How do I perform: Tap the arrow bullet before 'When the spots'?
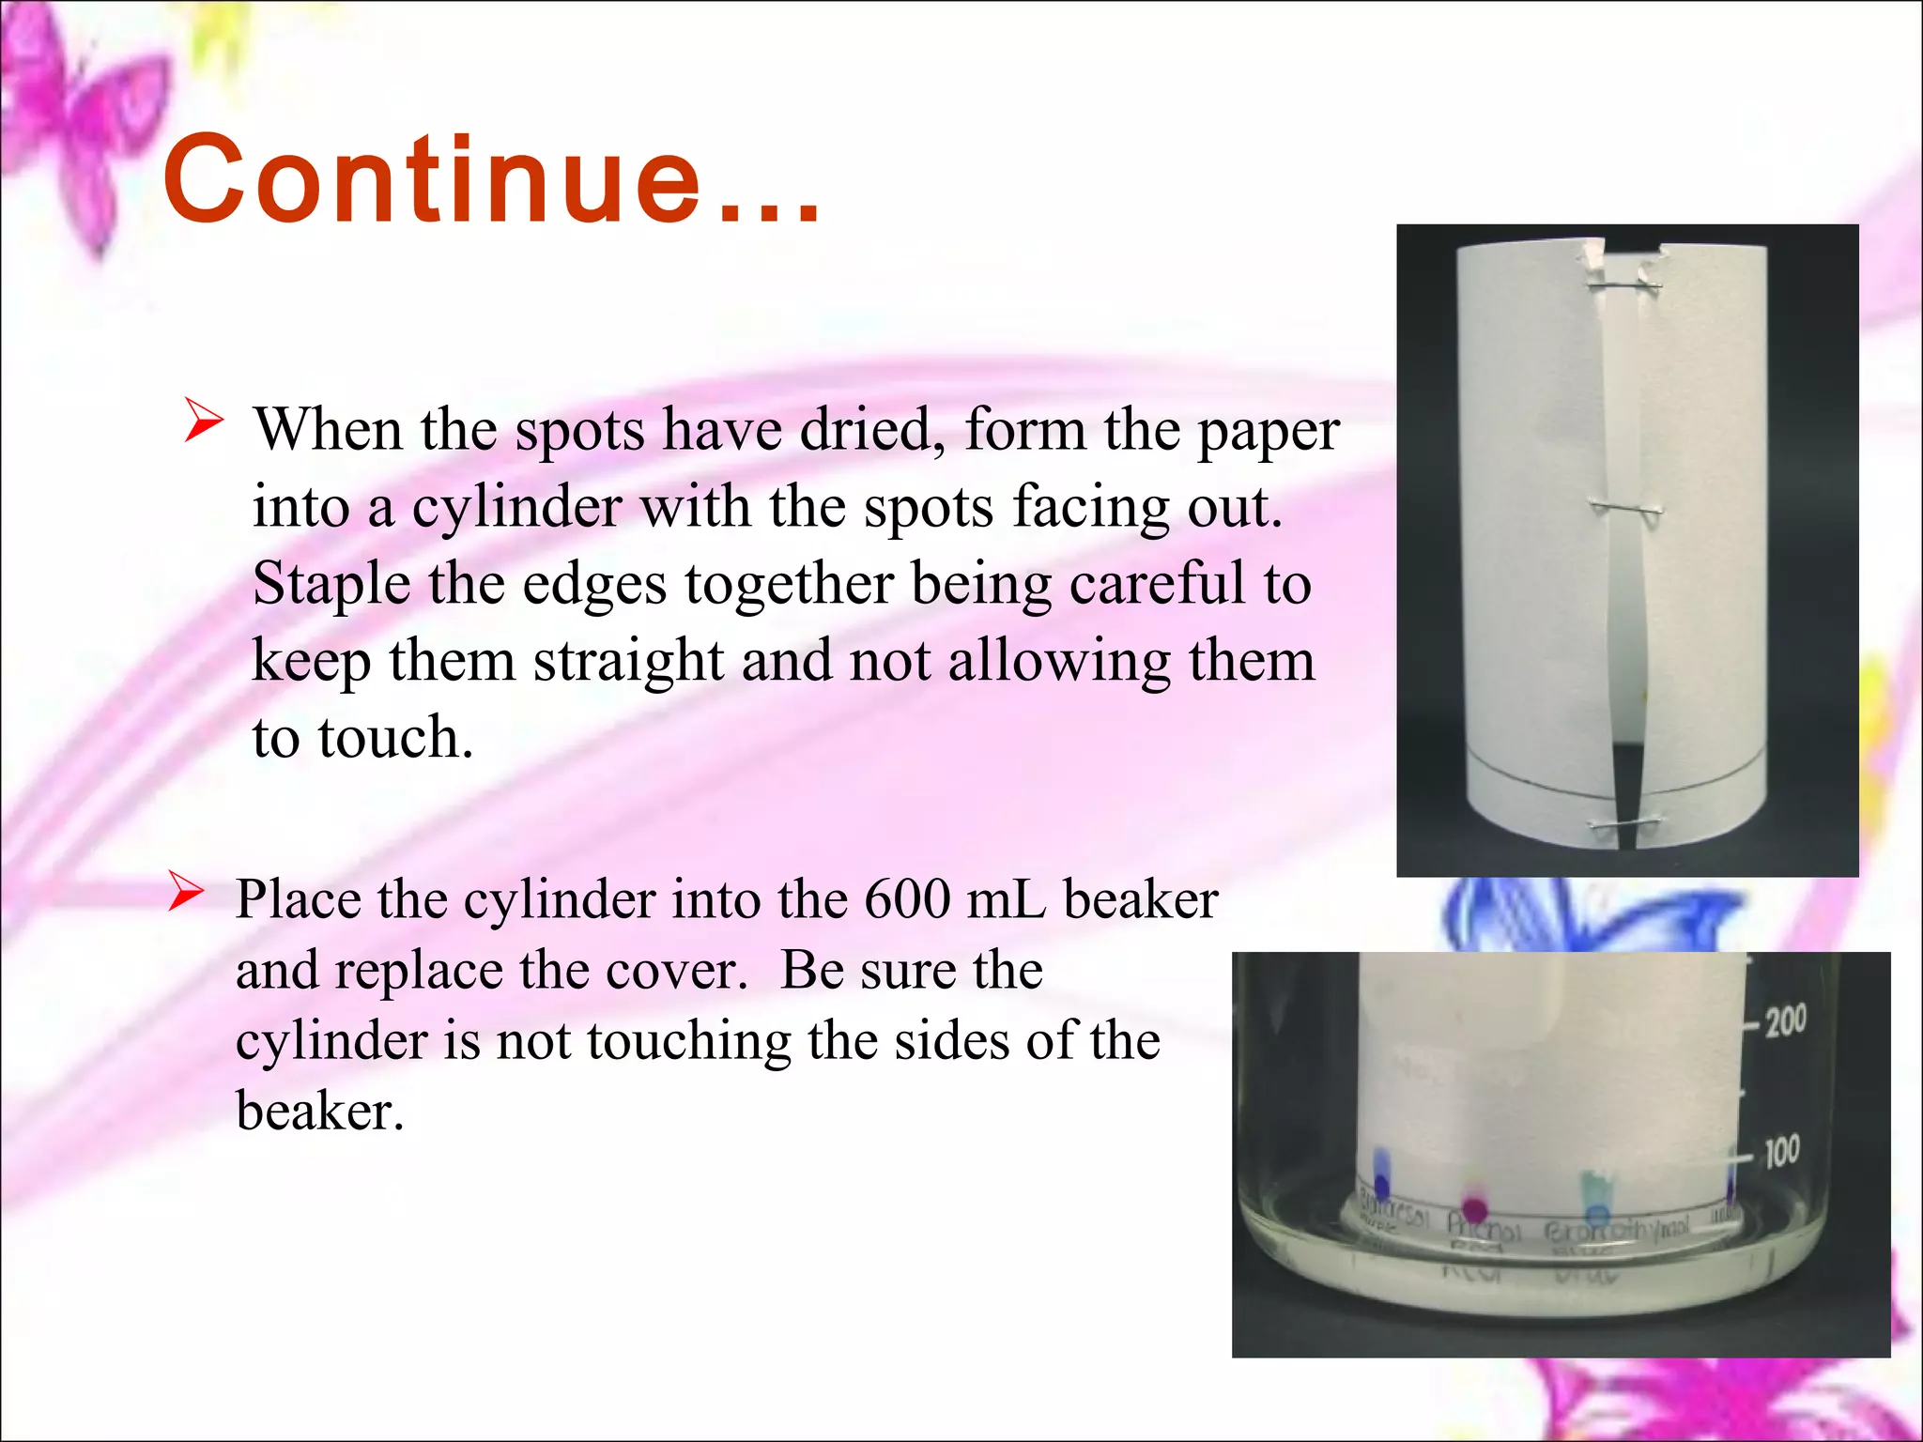[x=204, y=420]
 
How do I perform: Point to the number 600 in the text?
[x=906, y=899]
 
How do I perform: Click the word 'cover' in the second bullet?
[x=676, y=970]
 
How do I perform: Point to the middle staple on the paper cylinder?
[x=1625, y=508]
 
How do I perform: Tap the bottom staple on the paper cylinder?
[x=1623, y=824]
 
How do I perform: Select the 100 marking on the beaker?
[x=1782, y=1151]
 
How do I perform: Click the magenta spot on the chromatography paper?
[x=1475, y=1207]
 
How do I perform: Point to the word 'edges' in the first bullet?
[x=595, y=584]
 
